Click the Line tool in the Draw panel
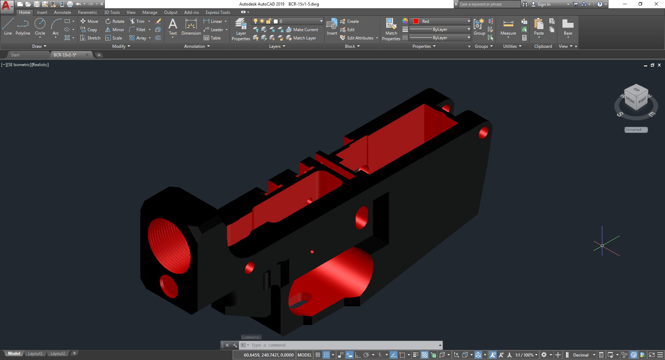[8, 27]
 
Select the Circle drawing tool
[40, 27]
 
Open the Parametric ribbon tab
[87, 12]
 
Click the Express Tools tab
[218, 12]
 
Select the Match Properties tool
[391, 29]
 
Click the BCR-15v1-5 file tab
[65, 55]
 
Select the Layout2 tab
[57, 353]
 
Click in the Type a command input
[343, 345]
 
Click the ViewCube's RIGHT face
[642, 100]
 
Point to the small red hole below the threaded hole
[169, 286]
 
